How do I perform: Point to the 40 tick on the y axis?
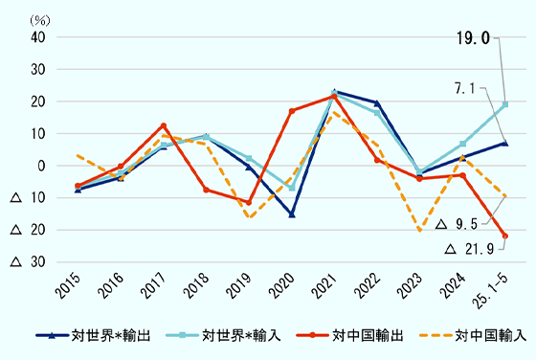[x=39, y=37]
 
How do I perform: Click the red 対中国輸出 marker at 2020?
[x=292, y=111]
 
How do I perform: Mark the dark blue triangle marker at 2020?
[x=292, y=214]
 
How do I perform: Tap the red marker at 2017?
[x=164, y=125]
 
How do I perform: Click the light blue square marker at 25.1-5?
[x=505, y=104]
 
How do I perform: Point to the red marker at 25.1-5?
[x=505, y=236]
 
